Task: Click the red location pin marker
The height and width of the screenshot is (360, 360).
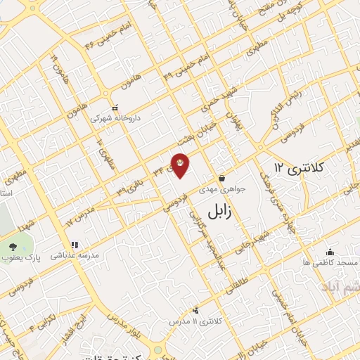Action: (x=180, y=165)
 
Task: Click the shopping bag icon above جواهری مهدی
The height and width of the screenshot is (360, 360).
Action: (x=222, y=178)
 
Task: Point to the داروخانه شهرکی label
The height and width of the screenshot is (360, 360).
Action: (x=115, y=118)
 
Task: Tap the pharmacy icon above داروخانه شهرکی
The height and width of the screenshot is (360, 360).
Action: (x=115, y=107)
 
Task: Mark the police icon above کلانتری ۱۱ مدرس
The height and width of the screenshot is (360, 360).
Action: (x=195, y=310)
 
